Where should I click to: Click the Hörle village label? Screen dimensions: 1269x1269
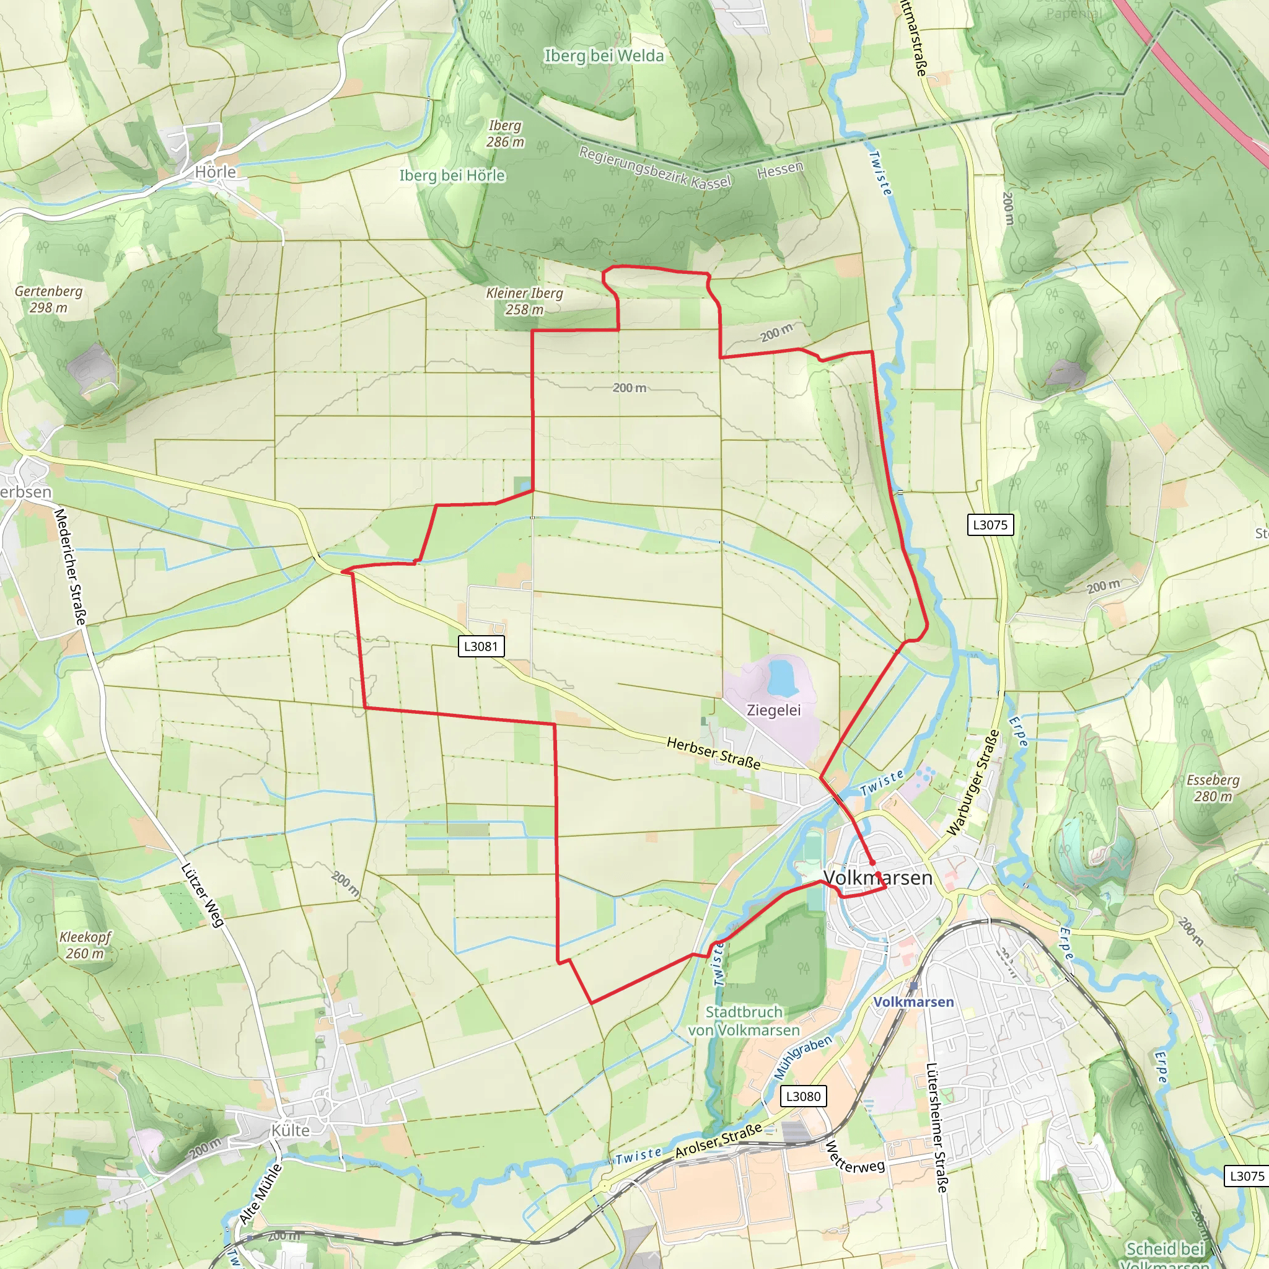215,172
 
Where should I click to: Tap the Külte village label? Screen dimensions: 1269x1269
291,1130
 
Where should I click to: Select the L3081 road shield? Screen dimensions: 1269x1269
481,646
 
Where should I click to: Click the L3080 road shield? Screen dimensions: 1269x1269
803,1096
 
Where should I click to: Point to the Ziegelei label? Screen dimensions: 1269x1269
774,710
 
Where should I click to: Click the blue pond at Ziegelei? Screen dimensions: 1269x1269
781,677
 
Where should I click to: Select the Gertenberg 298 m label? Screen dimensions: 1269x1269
48,299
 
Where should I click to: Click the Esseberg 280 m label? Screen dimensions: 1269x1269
1213,788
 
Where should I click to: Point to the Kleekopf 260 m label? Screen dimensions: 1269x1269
85,945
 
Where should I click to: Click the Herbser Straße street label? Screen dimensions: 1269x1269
713,753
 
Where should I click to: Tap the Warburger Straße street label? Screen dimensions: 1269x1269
973,784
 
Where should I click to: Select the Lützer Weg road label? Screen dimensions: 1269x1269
202,895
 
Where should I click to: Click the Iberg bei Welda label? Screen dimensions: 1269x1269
604,56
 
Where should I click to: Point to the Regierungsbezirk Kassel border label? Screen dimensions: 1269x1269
654,167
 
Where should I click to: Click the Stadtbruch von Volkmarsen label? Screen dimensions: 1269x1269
744,1021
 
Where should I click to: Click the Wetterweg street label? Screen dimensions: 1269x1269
854,1157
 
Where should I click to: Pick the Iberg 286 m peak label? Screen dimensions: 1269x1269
505,133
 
